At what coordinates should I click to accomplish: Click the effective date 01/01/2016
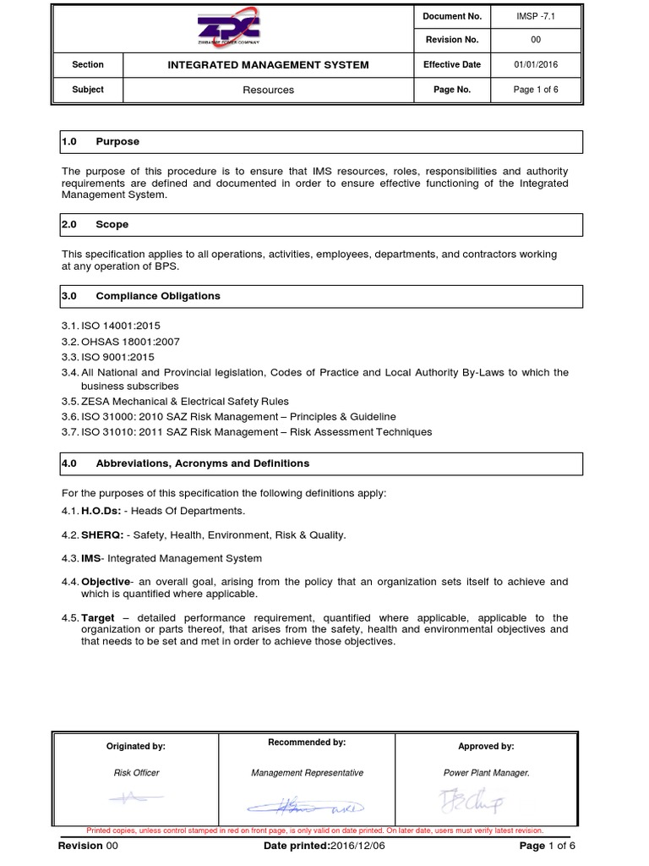coord(537,64)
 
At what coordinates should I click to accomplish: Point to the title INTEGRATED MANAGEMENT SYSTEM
coord(269,65)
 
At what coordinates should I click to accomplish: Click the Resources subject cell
coord(269,90)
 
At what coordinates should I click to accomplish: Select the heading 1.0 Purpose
coord(101,142)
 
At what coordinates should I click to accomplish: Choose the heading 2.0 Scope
coord(95,225)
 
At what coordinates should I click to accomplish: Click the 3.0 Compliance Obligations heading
coord(141,296)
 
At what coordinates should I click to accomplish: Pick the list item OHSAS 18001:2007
coord(120,342)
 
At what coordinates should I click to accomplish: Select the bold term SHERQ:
coord(102,534)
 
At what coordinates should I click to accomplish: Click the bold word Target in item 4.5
coord(98,617)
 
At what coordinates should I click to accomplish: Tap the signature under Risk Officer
coord(135,797)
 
